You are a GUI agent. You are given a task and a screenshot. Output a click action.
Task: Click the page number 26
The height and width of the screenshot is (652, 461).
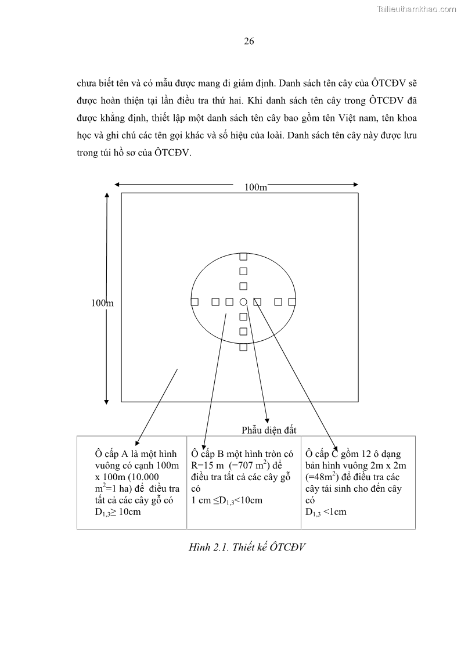[248, 41]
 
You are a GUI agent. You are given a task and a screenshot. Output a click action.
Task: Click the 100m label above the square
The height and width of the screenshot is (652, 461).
[255, 187]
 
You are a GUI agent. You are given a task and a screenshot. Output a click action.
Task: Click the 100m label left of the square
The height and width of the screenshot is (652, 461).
[102, 302]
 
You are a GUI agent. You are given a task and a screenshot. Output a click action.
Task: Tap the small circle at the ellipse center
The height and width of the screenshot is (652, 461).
[243, 301]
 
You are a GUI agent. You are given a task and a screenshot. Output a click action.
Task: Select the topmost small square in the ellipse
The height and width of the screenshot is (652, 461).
[243, 256]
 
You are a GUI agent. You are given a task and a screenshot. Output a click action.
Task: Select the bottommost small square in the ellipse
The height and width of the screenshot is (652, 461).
[243, 347]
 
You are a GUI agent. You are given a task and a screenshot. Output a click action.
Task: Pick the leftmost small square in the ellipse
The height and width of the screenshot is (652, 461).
[195, 301]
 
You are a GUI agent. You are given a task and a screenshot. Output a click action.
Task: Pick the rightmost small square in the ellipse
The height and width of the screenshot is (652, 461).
[292, 301]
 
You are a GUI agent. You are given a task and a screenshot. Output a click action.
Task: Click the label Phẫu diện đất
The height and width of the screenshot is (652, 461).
[269, 430]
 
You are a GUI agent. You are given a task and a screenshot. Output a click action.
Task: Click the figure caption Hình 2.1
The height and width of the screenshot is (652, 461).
[247, 547]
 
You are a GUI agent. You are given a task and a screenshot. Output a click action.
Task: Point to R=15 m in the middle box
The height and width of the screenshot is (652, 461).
[208, 466]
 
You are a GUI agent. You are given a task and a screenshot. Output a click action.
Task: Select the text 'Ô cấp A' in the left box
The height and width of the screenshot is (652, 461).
[115, 454]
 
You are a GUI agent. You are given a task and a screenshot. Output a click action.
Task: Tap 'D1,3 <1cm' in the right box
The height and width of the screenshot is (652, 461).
[325, 512]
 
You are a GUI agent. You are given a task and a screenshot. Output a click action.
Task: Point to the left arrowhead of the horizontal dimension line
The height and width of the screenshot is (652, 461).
[117, 185]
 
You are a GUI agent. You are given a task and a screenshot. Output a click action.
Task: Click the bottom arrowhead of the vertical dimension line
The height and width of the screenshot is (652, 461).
[106, 401]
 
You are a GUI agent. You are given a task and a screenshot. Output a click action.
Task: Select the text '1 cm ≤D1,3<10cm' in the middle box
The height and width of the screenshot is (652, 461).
[226, 500]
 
